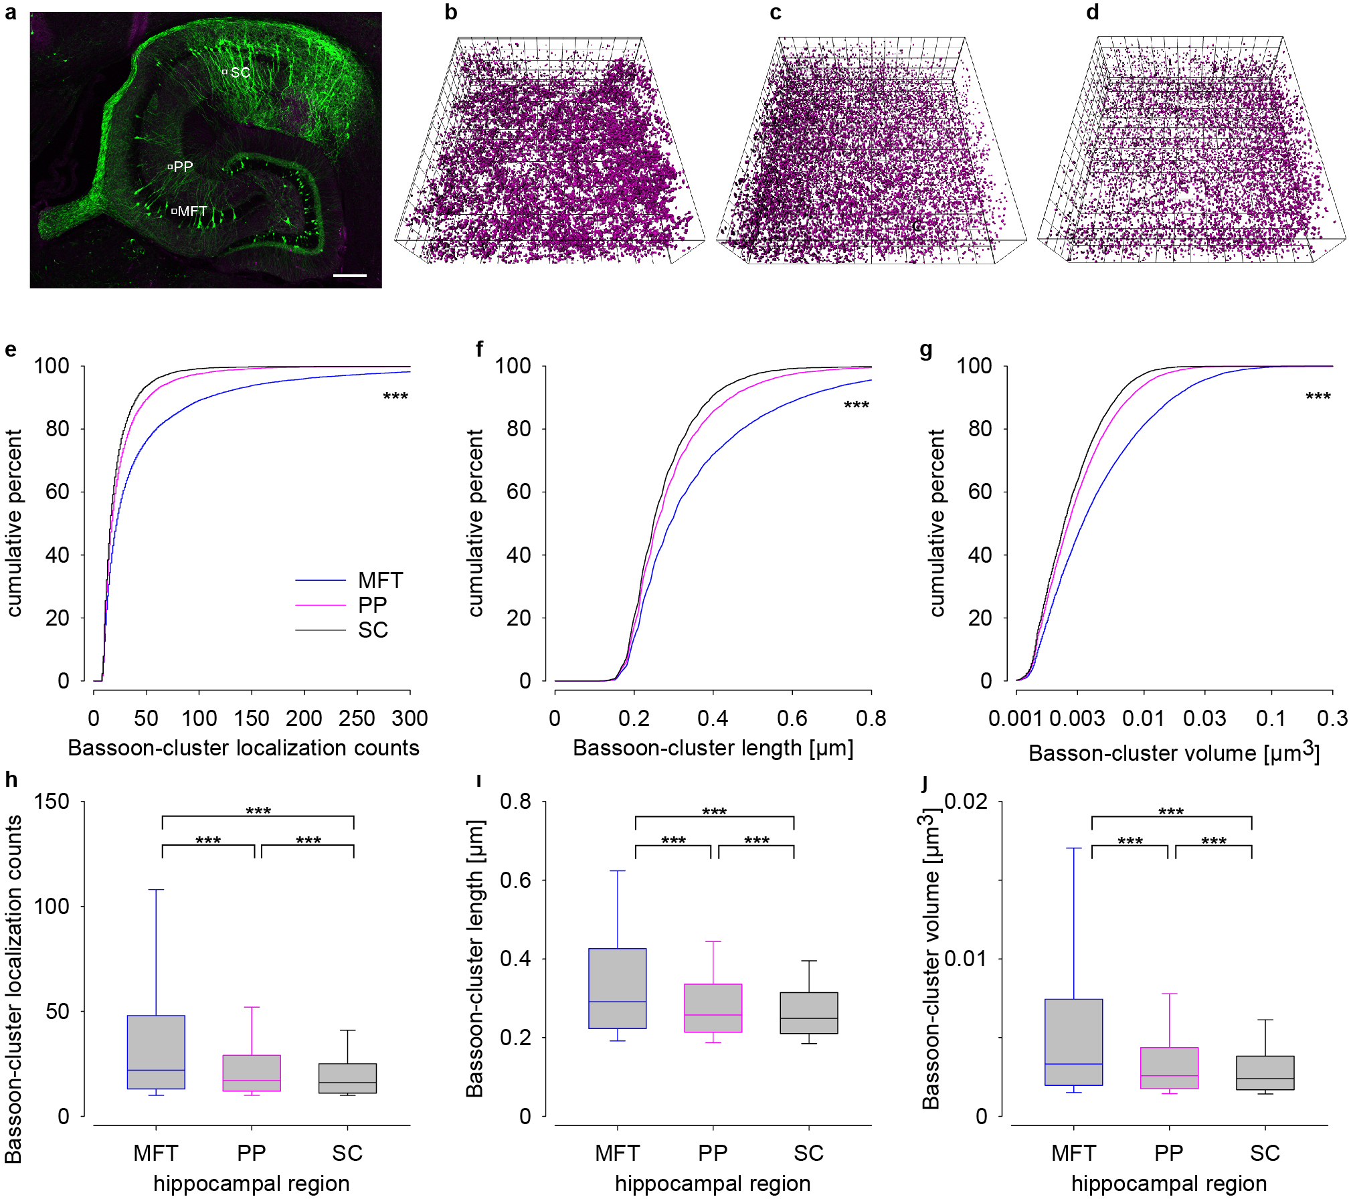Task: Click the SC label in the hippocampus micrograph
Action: click(240, 72)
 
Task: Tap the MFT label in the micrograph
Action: click(192, 211)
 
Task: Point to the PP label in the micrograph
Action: click(183, 167)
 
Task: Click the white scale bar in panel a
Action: click(349, 275)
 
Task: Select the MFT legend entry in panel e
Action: click(380, 580)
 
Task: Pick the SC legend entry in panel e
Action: click(373, 630)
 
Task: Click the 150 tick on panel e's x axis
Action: click(252, 719)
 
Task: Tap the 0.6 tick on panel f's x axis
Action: click(792, 719)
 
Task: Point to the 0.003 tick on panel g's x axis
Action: click(1077, 719)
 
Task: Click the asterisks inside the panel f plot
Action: click(857, 405)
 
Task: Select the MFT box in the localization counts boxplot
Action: click(156, 1052)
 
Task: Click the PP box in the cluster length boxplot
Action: click(713, 1008)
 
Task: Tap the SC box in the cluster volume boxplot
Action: click(1265, 1073)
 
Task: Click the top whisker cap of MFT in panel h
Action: click(156, 890)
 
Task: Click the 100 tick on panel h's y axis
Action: click(52, 907)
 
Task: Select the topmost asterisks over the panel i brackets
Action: click(714, 812)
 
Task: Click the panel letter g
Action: click(926, 350)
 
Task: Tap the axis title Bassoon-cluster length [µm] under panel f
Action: click(713, 748)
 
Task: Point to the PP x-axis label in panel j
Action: click(1169, 1153)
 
